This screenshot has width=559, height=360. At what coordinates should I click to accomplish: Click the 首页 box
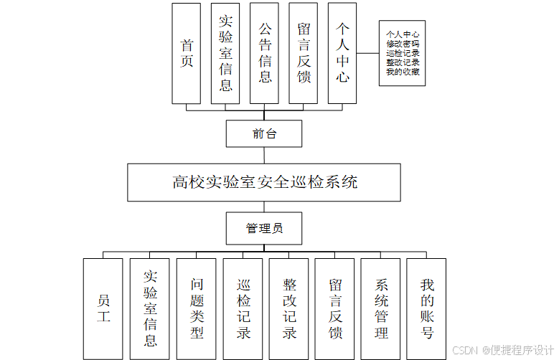pos(187,53)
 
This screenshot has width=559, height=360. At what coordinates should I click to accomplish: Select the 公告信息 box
pos(265,53)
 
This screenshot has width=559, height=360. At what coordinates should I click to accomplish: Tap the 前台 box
pos(264,133)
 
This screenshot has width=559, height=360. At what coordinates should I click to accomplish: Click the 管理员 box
pos(264,228)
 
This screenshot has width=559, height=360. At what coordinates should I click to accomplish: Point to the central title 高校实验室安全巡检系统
pos(264,182)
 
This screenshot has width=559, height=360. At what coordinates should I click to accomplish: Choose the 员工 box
pos(103,308)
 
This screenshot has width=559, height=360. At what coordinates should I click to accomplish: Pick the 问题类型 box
pos(196,308)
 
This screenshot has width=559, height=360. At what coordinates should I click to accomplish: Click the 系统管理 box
pos(380,308)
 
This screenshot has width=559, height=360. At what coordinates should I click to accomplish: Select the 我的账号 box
pos(426,308)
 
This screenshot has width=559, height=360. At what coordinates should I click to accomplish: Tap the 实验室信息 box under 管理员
pos(150,308)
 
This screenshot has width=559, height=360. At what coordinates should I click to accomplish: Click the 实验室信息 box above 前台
pos(225,53)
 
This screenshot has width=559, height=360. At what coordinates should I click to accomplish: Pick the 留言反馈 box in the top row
pos(304,53)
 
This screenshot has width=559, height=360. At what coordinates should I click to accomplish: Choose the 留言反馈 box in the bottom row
pos(334,308)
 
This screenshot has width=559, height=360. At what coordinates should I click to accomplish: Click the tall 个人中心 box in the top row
pos(342,53)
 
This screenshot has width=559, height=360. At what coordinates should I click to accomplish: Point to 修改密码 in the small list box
pos(403,44)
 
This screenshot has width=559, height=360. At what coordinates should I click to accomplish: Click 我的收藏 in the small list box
pos(403,72)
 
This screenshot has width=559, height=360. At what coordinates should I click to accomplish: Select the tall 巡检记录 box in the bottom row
pos(243,308)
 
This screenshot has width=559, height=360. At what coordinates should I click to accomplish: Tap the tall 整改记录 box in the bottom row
pos(288,308)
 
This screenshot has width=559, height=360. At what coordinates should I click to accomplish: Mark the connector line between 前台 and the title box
pos(264,155)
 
